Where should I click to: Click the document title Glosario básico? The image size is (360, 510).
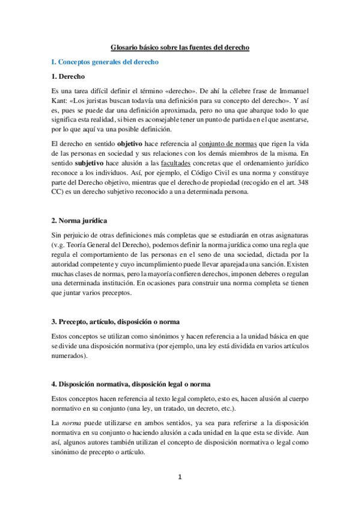coord(180,46)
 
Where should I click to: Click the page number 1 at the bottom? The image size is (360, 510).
coord(180,478)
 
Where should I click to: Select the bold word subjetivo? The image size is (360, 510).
coord(87,164)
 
